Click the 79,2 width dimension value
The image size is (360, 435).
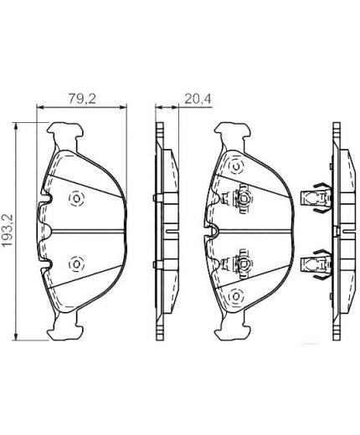79,97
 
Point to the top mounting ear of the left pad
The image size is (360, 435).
67,132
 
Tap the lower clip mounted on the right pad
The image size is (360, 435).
242,264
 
